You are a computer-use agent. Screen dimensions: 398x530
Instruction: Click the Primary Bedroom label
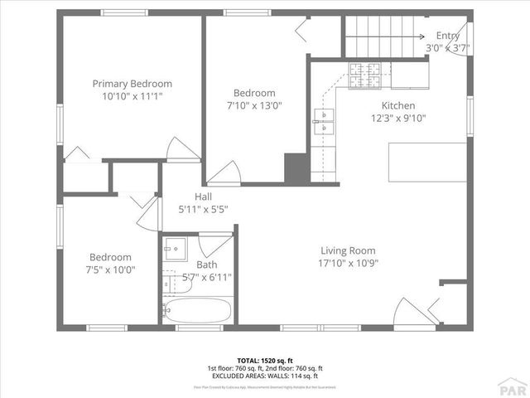pyautogui.click(x=132, y=84)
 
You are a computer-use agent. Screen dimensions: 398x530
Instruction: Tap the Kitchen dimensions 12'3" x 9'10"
pyautogui.click(x=397, y=118)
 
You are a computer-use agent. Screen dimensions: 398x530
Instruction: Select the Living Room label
pyautogui.click(x=348, y=250)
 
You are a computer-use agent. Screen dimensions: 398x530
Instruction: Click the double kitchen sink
pyautogui.click(x=322, y=121)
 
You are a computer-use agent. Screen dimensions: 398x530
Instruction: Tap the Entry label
pyautogui.click(x=448, y=36)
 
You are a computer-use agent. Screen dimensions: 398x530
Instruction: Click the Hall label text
pyautogui.click(x=203, y=197)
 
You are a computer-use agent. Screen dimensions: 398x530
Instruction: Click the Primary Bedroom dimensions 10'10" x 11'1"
pyautogui.click(x=132, y=96)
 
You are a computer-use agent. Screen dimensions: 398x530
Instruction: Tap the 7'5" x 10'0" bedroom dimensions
pyautogui.click(x=111, y=269)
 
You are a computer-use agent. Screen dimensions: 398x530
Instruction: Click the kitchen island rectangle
pyautogui.click(x=427, y=163)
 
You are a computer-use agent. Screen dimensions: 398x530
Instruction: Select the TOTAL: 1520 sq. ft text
pyautogui.click(x=265, y=361)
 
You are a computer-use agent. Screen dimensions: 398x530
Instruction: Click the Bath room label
pyautogui.click(x=206, y=265)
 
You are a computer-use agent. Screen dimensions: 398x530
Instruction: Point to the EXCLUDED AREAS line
pyautogui.click(x=265, y=376)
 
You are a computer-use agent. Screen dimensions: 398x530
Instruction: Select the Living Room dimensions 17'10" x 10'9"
pyautogui.click(x=348, y=263)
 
